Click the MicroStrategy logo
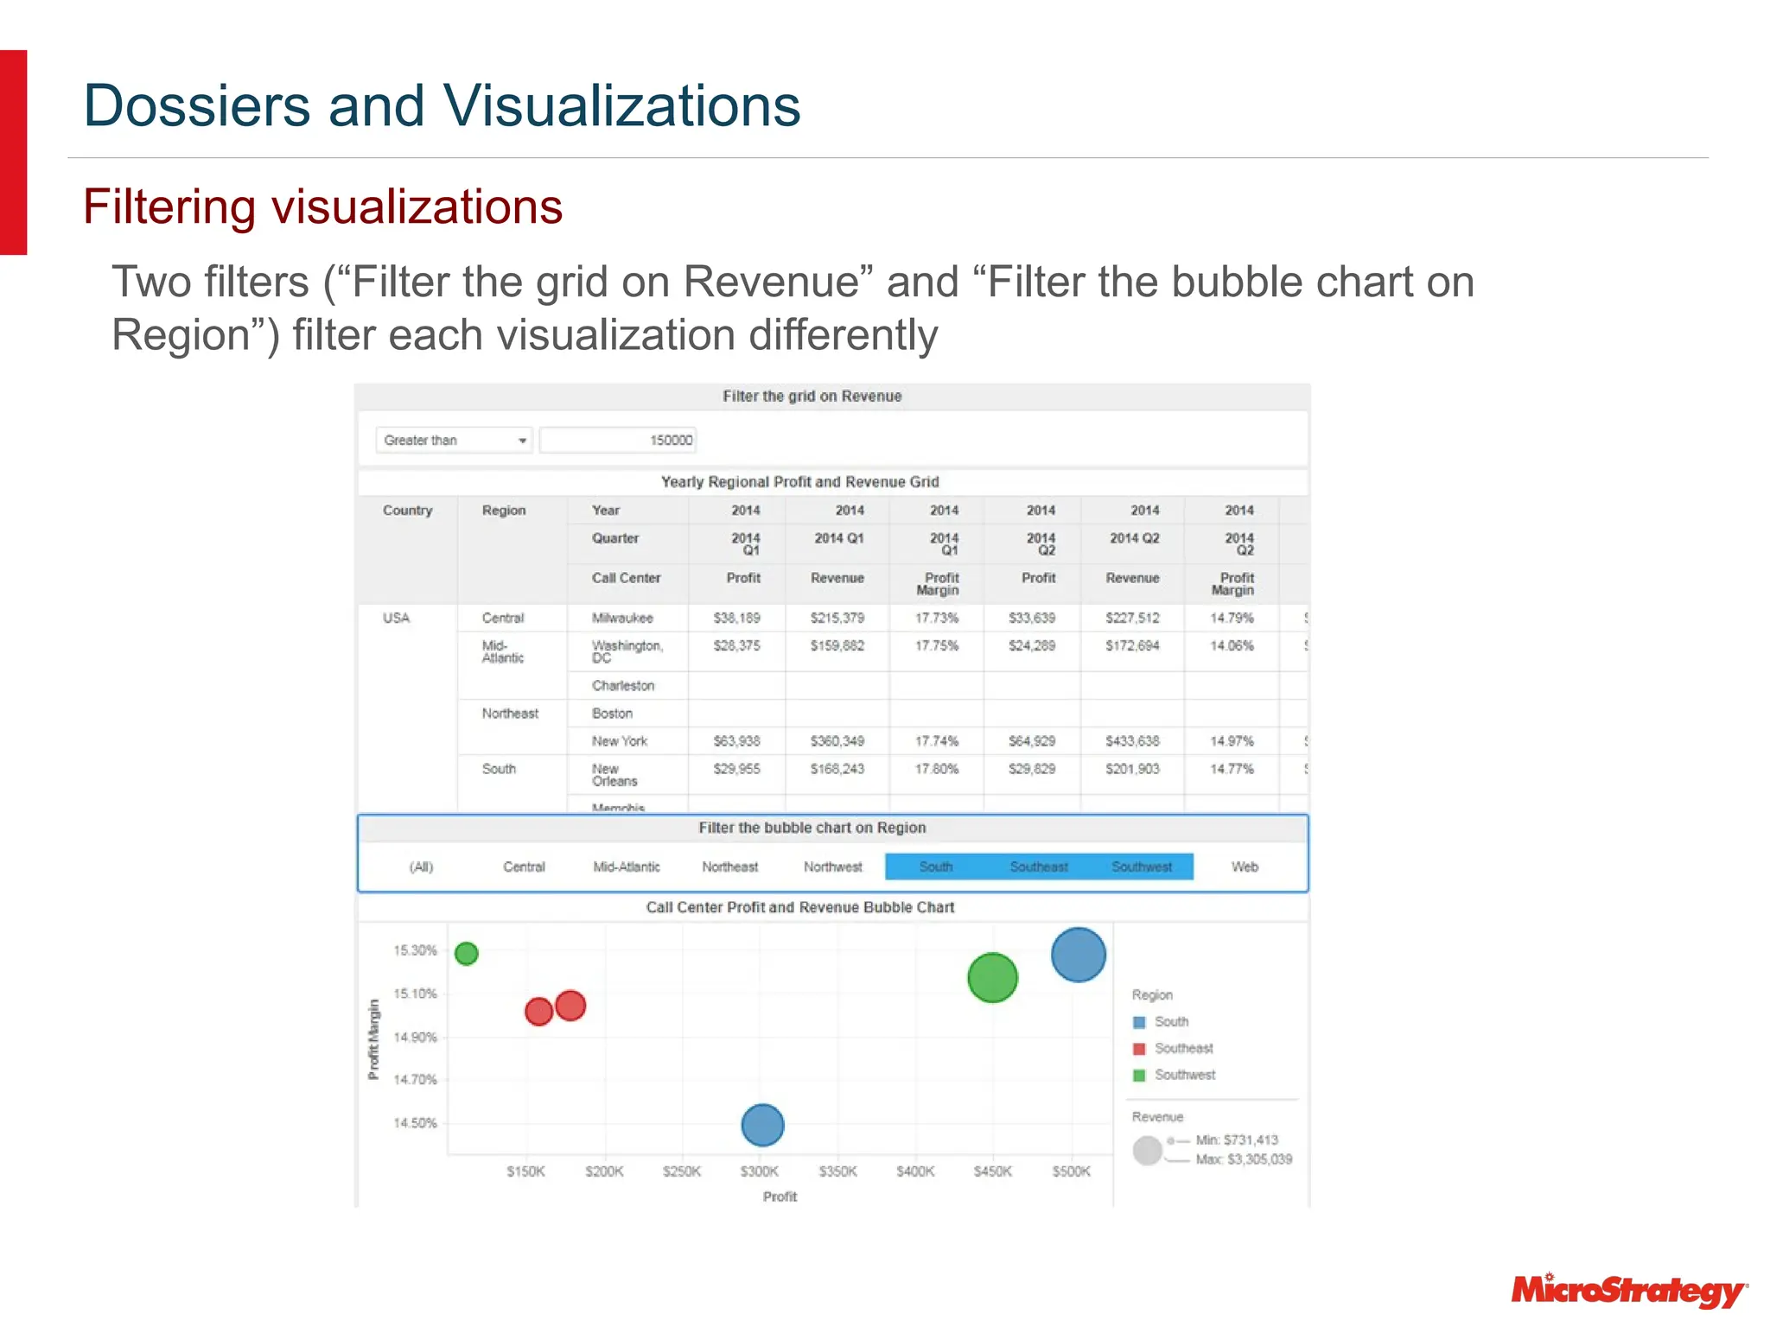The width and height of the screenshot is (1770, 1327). click(1628, 1290)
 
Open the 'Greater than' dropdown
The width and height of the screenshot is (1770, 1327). click(454, 440)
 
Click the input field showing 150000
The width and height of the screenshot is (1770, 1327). click(617, 440)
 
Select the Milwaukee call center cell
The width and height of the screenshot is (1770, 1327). click(622, 618)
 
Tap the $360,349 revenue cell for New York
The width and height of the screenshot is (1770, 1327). click(837, 740)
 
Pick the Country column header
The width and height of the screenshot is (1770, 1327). click(407, 510)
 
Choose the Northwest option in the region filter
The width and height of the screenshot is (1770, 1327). click(832, 867)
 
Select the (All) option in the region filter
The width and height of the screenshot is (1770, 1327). click(421, 867)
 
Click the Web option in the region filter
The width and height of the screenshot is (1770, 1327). click(1245, 867)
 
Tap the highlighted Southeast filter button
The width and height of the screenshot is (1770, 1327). click(1039, 867)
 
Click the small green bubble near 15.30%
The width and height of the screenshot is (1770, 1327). click(467, 953)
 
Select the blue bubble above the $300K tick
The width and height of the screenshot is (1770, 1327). click(762, 1125)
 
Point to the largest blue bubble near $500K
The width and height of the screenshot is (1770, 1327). click(1078, 955)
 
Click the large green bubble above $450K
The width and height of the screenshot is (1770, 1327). click(992, 977)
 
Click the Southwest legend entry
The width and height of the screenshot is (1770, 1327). click(1184, 1075)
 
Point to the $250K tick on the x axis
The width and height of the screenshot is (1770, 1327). click(682, 1171)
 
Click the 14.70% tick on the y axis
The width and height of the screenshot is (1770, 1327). click(416, 1079)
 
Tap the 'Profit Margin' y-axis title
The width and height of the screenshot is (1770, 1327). click(373, 1039)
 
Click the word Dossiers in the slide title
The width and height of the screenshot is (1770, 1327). click(196, 105)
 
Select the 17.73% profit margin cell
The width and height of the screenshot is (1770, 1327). click(937, 618)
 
